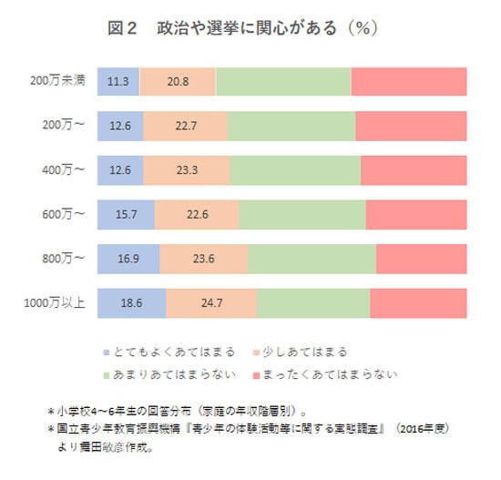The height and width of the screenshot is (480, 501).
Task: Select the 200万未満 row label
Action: tap(57, 82)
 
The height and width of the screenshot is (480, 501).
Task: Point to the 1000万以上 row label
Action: tap(57, 303)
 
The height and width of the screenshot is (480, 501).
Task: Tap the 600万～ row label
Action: tap(63, 215)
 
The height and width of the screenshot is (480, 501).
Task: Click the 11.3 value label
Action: tap(118, 82)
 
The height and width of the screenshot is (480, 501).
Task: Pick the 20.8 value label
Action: tap(179, 82)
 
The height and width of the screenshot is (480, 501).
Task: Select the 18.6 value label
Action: tap(131, 303)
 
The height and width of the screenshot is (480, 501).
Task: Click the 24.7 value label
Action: tap(210, 303)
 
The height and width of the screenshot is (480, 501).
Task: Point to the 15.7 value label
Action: tap(125, 215)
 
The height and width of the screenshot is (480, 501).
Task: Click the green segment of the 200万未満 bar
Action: tap(283, 82)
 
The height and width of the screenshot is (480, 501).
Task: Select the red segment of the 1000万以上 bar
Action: tap(418, 303)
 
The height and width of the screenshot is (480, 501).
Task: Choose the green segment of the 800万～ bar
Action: tap(312, 259)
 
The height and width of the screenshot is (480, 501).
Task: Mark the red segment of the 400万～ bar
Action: tap(414, 170)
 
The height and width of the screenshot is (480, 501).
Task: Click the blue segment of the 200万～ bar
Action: tap(119, 127)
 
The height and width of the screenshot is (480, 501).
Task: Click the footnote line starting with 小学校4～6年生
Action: tap(182, 410)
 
